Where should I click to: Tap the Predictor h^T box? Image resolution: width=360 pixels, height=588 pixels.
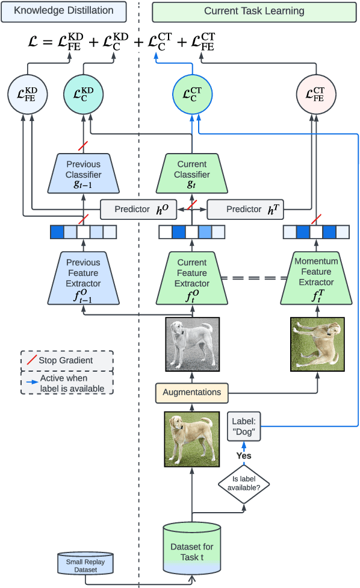pyautogui.click(x=244, y=210)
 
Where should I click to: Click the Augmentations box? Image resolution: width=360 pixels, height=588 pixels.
pyautogui.click(x=192, y=392)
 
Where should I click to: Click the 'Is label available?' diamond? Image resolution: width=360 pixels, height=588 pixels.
pyautogui.click(x=243, y=483)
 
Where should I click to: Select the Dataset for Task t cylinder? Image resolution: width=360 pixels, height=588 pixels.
pyautogui.click(x=192, y=549)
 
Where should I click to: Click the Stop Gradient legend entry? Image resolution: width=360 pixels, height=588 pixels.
pyautogui.click(x=67, y=360)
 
